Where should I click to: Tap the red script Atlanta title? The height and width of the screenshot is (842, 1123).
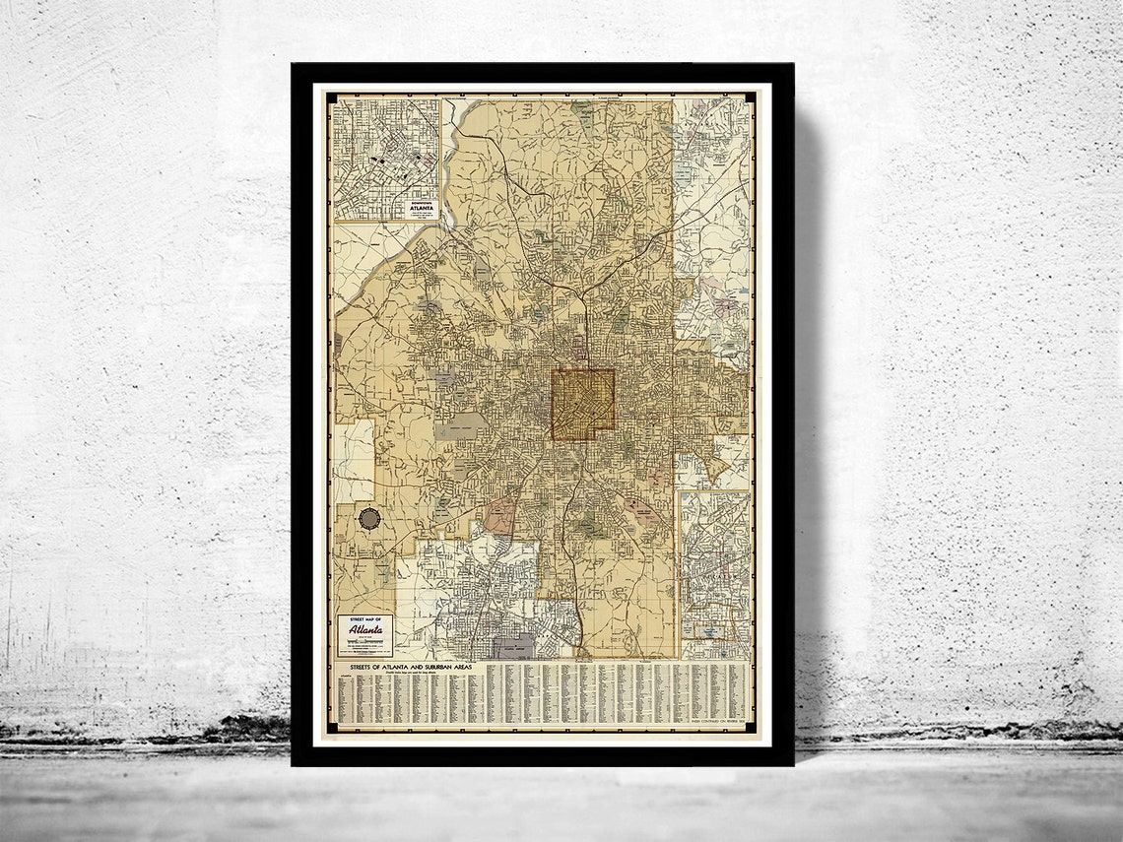(x=363, y=630)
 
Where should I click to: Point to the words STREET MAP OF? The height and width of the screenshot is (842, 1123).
(x=363, y=620)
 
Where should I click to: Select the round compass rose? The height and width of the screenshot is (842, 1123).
(x=369, y=519)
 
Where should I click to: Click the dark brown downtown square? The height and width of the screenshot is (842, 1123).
(x=582, y=404)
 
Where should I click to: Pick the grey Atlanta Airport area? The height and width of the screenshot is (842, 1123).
(x=513, y=646)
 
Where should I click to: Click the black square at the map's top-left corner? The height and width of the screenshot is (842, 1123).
(x=329, y=97)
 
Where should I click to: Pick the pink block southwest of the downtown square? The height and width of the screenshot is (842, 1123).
(x=500, y=515)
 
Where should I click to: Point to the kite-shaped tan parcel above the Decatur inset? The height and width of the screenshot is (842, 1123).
(x=716, y=468)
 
